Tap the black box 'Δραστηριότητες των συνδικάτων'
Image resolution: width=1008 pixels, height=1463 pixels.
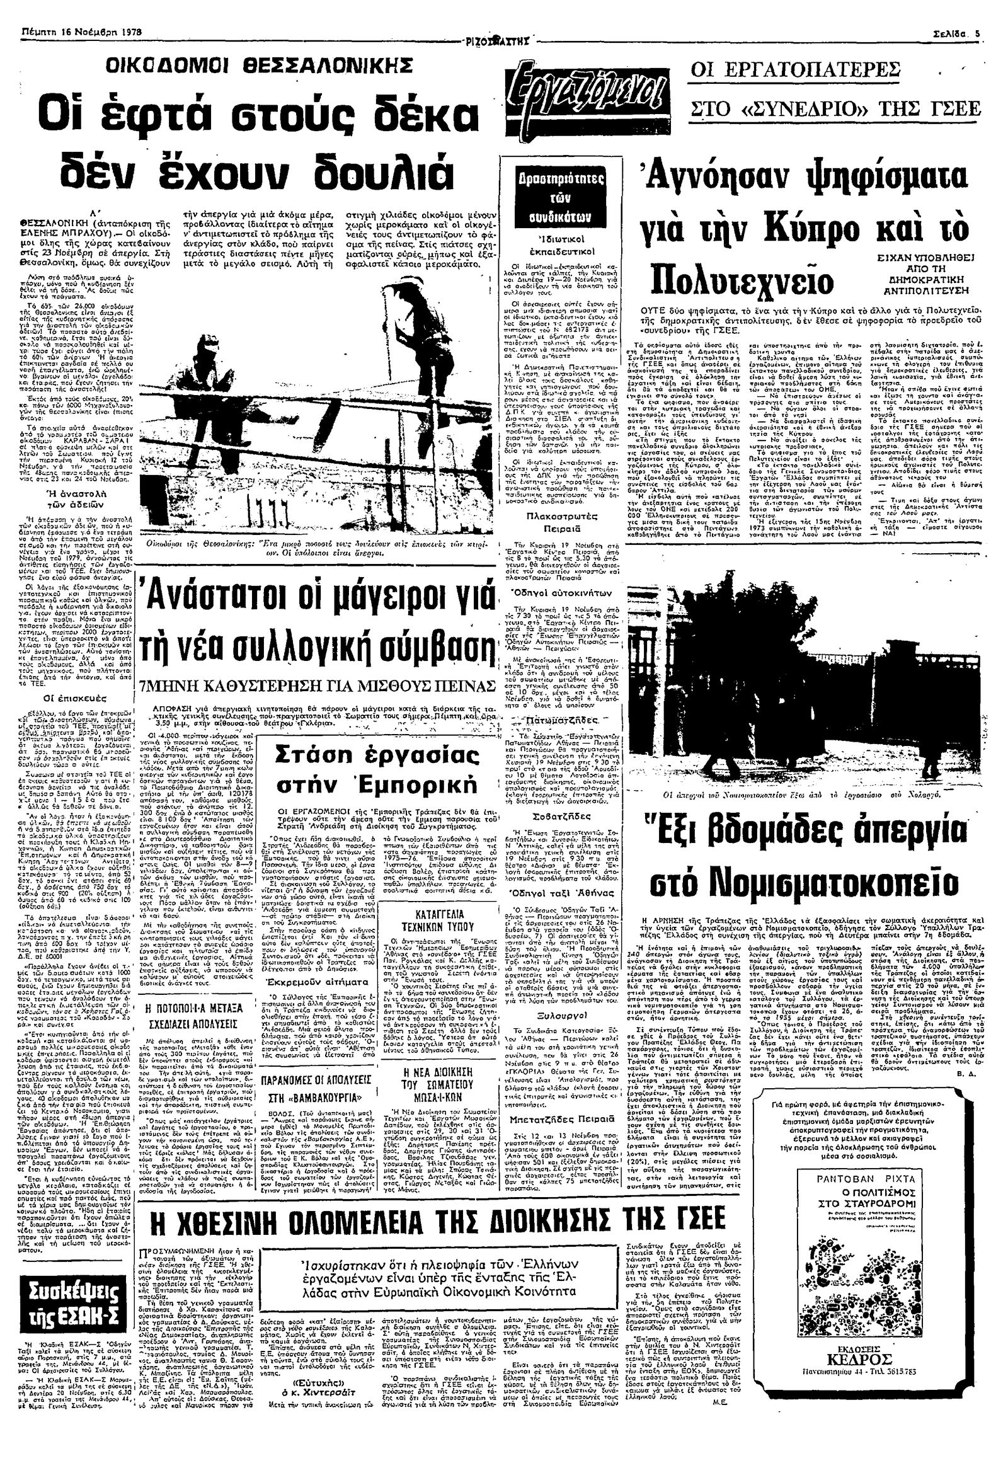click(x=553, y=197)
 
